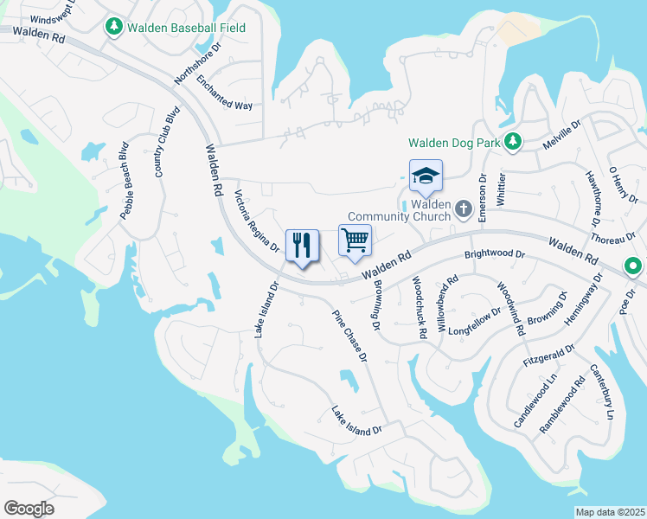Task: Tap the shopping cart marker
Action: click(x=355, y=240)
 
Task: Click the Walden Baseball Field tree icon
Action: click(x=113, y=28)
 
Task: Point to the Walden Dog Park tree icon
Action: click(x=512, y=140)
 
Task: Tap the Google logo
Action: click(x=29, y=509)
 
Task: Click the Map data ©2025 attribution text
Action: click(x=610, y=512)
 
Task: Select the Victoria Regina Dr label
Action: click(x=257, y=221)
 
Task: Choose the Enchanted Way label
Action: click(x=224, y=93)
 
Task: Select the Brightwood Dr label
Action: click(x=495, y=255)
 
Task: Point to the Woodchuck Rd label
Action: click(x=418, y=306)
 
